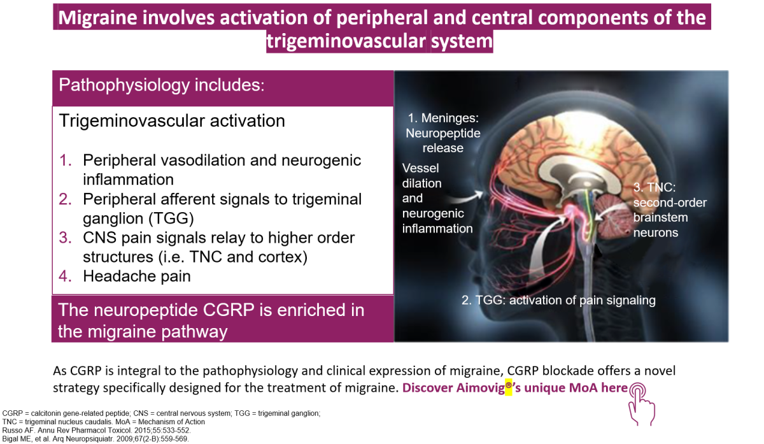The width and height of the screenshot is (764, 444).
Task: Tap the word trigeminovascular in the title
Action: [x=346, y=41]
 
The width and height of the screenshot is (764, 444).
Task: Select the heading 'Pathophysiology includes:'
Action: [x=162, y=85]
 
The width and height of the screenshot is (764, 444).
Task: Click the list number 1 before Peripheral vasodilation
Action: [x=65, y=160]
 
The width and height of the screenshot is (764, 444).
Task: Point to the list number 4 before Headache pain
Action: [x=65, y=276]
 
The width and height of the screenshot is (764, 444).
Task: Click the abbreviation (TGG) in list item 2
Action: [x=171, y=218]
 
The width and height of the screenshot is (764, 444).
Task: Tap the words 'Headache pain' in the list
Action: [x=137, y=276]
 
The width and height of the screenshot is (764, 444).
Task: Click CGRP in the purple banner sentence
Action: [x=228, y=310]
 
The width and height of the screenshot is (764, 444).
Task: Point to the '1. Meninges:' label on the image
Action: [x=443, y=118]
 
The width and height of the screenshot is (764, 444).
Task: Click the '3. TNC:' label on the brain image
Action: [x=654, y=187]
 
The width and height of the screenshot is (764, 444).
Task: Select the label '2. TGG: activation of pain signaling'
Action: [x=558, y=300]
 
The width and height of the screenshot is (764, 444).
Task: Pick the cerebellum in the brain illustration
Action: [x=612, y=217]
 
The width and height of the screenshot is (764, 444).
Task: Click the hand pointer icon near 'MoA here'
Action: [x=641, y=405]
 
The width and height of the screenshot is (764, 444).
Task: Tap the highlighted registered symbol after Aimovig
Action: [x=509, y=385]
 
